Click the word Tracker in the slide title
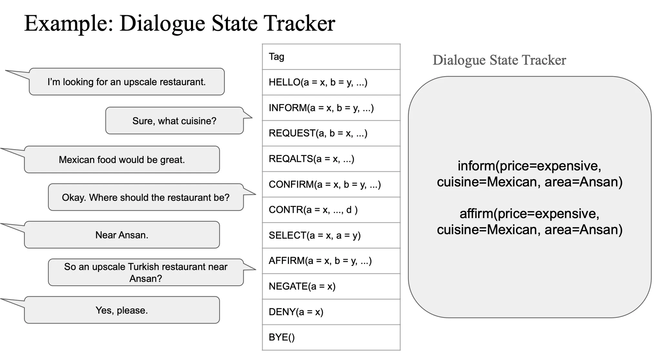[299, 23]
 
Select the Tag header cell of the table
[331, 57]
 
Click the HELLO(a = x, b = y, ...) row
[331, 82]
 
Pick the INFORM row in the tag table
[331, 108]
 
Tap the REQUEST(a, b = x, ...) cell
[331, 133]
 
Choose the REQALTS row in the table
[331, 159]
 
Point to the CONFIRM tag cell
[331, 184]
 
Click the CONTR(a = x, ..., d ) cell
[331, 210]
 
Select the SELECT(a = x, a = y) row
[331, 235]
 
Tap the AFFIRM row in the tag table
[331, 261]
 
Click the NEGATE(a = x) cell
[331, 286]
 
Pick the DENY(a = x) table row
[331, 312]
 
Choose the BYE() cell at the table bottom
[331, 337]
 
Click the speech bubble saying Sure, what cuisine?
[174, 121]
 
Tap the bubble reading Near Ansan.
[122, 235]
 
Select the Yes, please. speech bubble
[122, 310]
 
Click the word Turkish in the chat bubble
[144, 267]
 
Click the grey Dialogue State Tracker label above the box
[499, 60]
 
